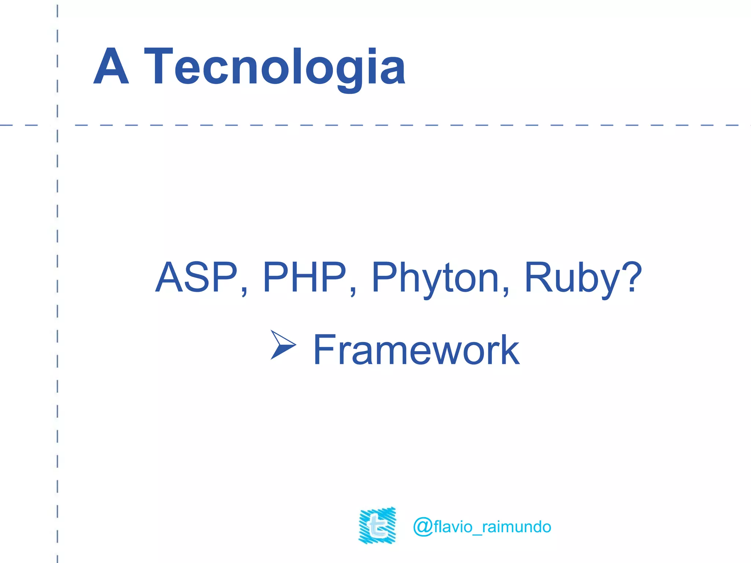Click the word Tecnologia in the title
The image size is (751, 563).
point(275,67)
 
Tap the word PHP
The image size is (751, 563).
point(305,277)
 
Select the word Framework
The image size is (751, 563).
point(416,350)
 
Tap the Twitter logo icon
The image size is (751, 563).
point(377,525)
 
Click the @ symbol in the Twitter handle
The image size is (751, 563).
point(423,527)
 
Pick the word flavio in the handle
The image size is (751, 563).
point(453,527)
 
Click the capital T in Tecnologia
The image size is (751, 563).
point(158,66)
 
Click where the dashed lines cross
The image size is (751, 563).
point(58,125)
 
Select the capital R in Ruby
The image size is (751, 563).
point(538,277)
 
